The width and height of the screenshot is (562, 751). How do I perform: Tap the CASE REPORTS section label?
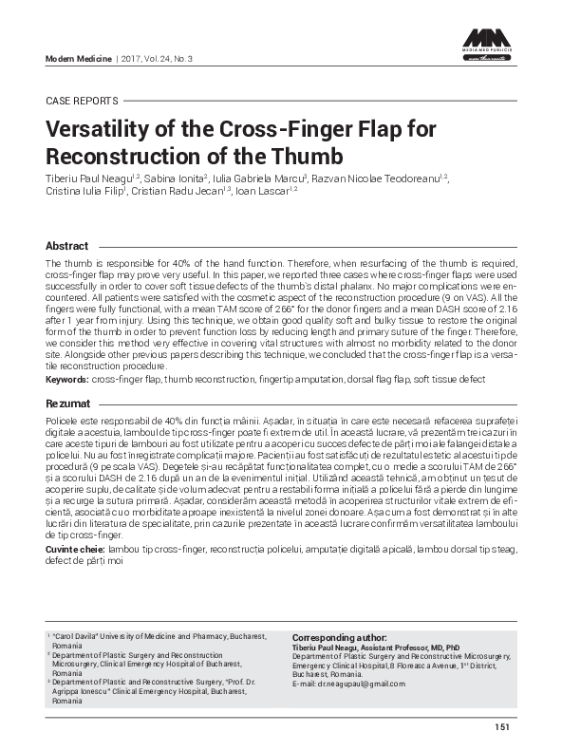[x=82, y=100]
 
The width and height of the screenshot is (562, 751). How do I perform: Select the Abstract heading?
[x=67, y=245]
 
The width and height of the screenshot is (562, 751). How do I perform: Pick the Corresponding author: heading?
[x=339, y=637]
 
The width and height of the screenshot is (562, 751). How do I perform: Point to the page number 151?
[x=502, y=727]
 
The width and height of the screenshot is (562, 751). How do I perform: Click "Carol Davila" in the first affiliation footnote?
[x=73, y=636]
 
